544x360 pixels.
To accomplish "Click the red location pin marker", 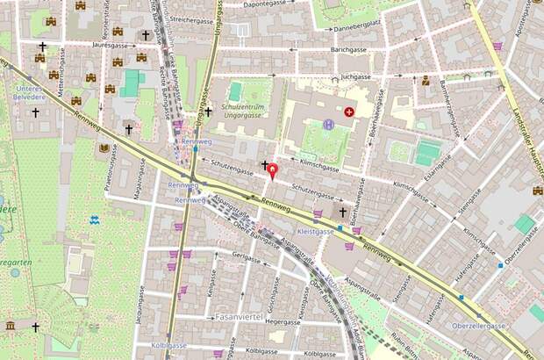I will click(x=272, y=170).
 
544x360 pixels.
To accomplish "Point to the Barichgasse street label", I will click(x=348, y=50).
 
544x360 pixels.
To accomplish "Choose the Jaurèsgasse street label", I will click(x=111, y=43).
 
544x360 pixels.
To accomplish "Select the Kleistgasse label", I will click(x=316, y=231).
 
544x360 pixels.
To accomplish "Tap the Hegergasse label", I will click(x=264, y=322).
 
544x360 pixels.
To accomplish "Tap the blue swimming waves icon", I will click(x=95, y=219).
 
